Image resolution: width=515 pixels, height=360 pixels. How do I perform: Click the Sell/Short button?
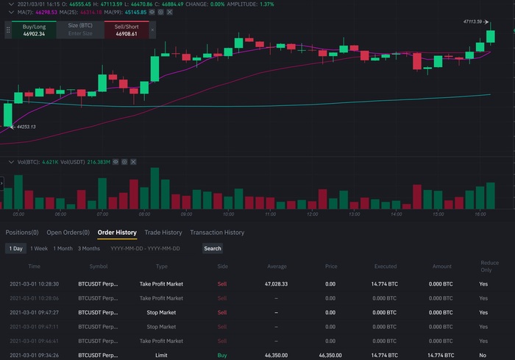point(126,30)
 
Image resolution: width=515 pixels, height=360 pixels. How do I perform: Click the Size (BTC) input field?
point(80,30)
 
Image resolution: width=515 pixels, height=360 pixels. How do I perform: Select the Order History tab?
point(117,233)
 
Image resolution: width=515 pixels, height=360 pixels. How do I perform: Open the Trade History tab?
point(163,233)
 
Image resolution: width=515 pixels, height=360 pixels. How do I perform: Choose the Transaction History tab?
point(217,233)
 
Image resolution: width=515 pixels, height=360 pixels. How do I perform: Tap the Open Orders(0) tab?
point(68,233)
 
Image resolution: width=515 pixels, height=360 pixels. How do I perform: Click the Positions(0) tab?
point(22,233)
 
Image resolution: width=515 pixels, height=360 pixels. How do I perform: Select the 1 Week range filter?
point(39,249)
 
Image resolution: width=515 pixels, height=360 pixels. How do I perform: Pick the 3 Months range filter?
point(89,249)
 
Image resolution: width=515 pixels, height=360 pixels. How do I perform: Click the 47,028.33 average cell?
point(276,283)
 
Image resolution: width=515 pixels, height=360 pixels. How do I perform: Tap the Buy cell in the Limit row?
point(222,356)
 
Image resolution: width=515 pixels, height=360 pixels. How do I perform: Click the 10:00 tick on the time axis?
point(228,214)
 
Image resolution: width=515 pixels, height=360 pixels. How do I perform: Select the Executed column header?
point(386,267)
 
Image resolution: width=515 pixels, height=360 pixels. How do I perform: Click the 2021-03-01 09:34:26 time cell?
point(34,356)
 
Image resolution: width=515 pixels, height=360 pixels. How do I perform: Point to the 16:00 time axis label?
point(480,214)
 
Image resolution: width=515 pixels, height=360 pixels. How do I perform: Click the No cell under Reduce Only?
point(483,356)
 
